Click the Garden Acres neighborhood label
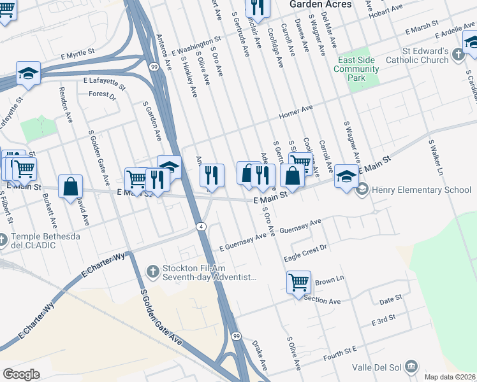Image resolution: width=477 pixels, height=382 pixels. click(320, 4)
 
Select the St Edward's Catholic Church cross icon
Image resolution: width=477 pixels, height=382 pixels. click(459, 56)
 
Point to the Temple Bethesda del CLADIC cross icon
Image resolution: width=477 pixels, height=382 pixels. click(4, 240)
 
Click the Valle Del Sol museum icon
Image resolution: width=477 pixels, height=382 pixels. click(411, 366)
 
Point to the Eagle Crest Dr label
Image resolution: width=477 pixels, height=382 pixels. click(305, 251)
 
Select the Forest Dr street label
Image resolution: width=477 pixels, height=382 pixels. click(103, 95)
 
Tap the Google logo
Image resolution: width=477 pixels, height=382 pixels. click(20, 374)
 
